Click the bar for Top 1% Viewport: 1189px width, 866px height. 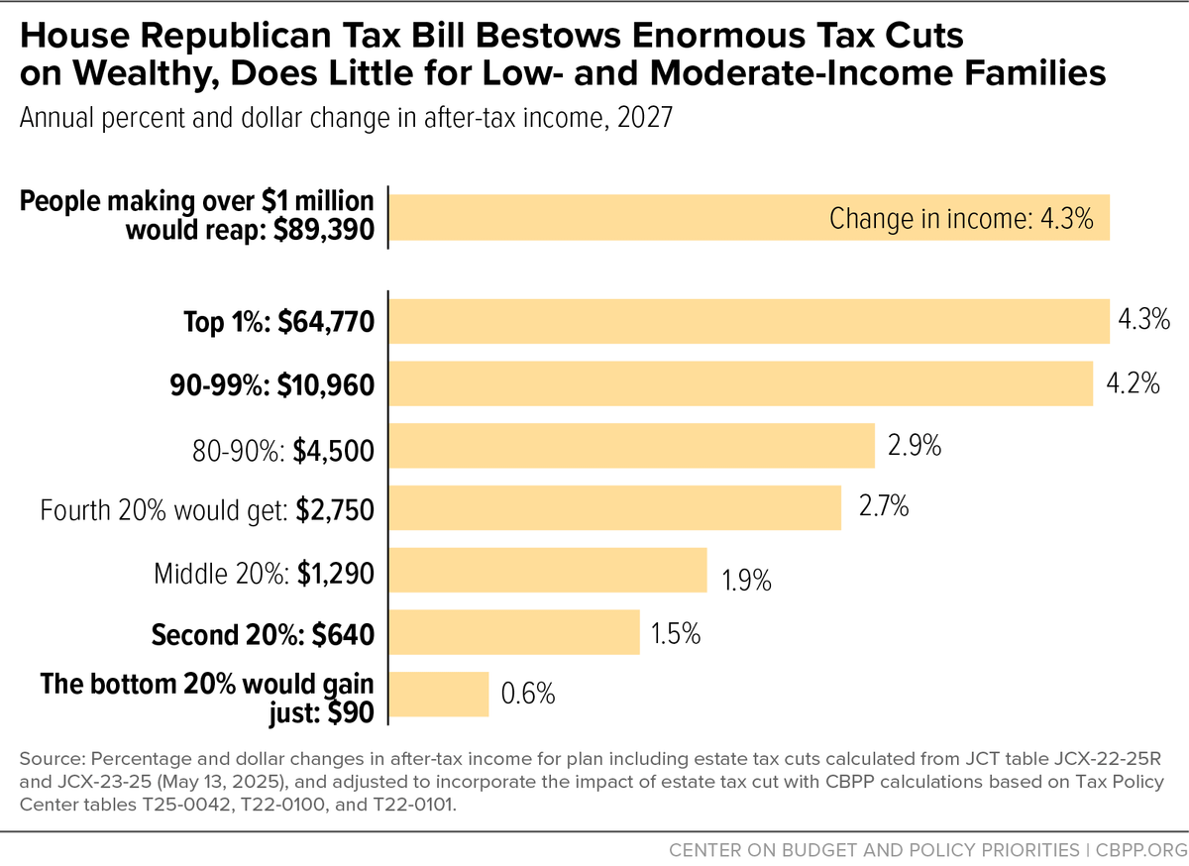pos(749,322)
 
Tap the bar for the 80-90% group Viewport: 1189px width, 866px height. pos(632,446)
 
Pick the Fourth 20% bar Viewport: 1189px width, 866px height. pos(615,507)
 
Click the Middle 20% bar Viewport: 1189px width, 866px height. pos(548,570)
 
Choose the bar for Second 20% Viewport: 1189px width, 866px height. pos(514,632)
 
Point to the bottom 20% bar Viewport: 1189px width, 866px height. pos(439,694)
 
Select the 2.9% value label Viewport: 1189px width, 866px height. pos(914,446)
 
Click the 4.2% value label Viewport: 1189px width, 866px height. pos(1133,384)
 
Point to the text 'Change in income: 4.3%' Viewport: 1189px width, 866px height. pos(961,218)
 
